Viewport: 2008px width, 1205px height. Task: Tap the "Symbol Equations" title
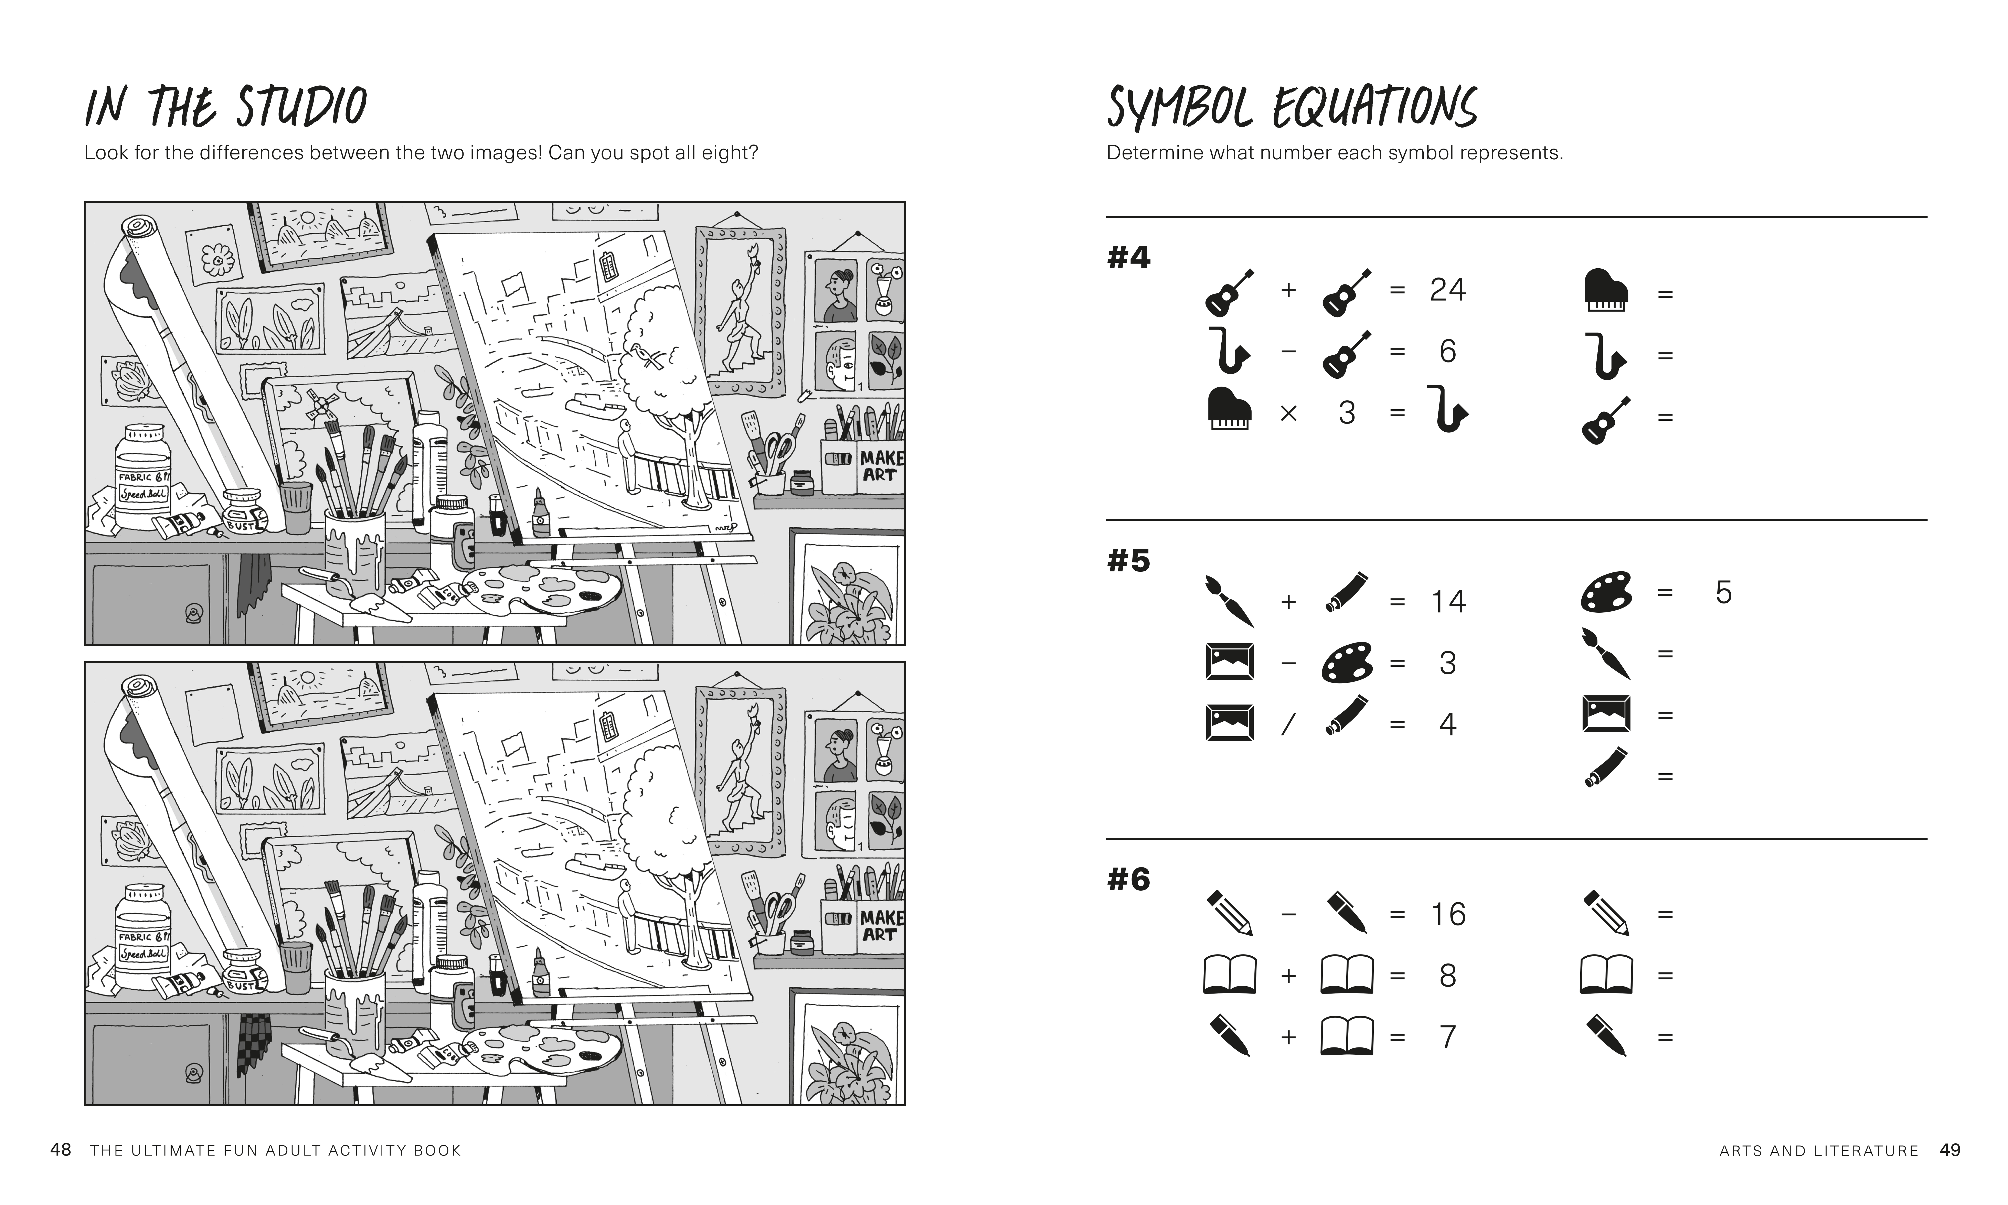(x=1291, y=108)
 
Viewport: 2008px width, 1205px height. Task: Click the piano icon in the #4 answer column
(x=1605, y=291)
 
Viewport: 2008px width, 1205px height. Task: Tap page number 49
(x=1949, y=1150)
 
